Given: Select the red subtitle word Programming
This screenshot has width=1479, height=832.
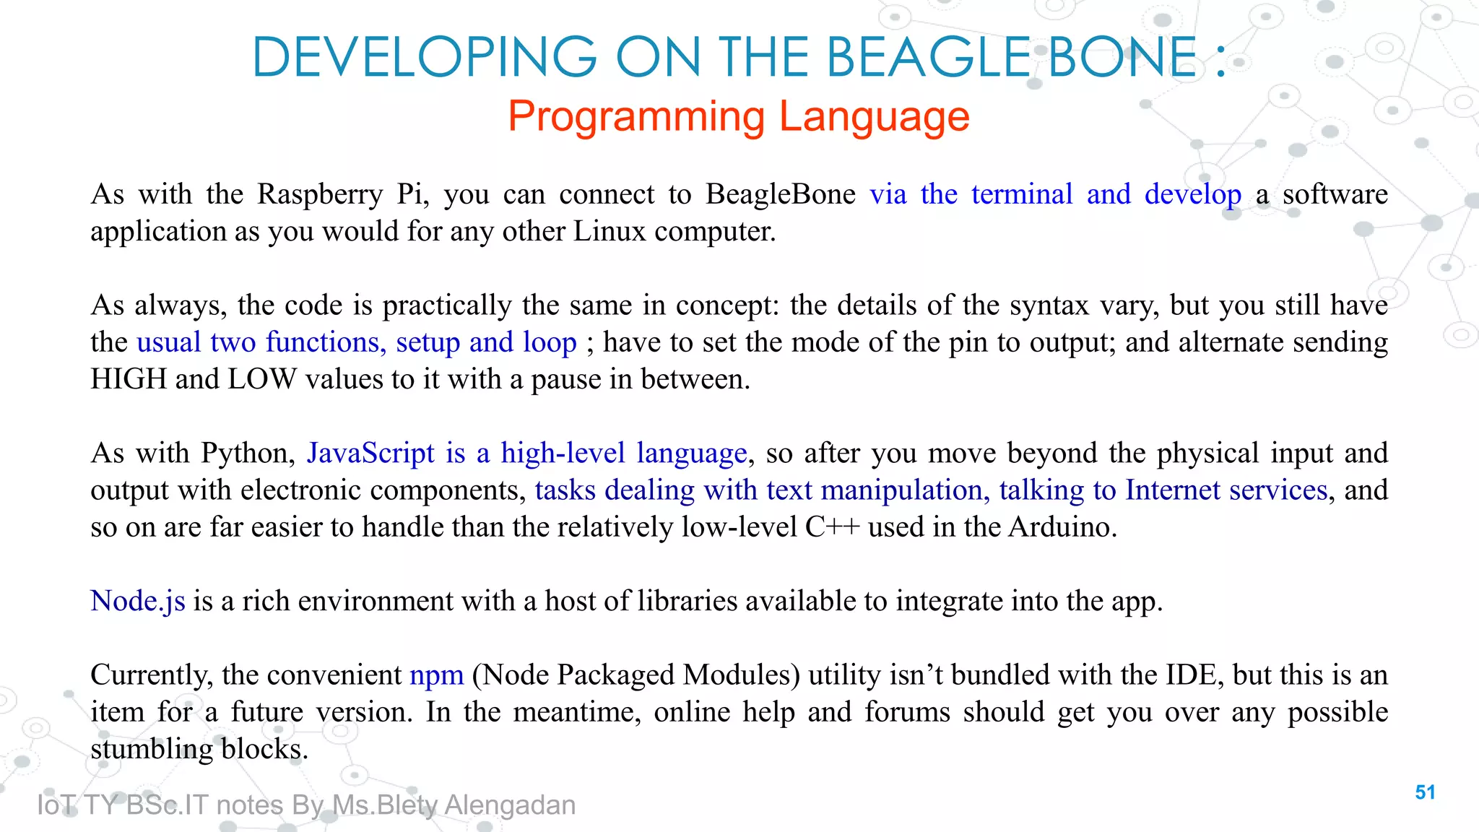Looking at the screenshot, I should pyautogui.click(x=636, y=116).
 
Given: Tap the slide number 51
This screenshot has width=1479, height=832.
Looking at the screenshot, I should pyautogui.click(x=1425, y=792).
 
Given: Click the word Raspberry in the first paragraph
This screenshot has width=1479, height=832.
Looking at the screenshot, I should pyautogui.click(x=320, y=195).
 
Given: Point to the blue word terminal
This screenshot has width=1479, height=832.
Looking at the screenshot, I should pyautogui.click(x=1022, y=194).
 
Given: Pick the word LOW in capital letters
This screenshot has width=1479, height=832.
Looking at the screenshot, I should pyautogui.click(x=262, y=379).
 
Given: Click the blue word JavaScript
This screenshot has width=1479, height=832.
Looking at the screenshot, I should pyautogui.click(x=370, y=454).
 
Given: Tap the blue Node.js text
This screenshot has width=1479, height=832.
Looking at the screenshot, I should pyautogui.click(x=138, y=602).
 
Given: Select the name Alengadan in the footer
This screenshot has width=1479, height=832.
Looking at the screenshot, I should pyautogui.click(x=510, y=805).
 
